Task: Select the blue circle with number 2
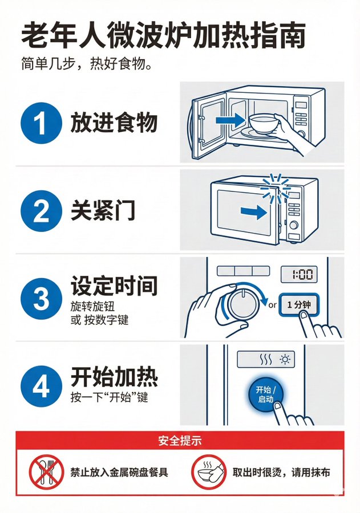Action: pyautogui.click(x=41, y=212)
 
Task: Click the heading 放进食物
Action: pyautogui.click(x=114, y=123)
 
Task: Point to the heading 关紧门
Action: pyautogui.click(x=103, y=211)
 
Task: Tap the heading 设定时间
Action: pyautogui.click(x=114, y=286)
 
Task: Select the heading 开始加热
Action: pyautogui.click(x=114, y=377)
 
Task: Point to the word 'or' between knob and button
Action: pyautogui.click(x=272, y=305)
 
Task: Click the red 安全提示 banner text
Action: pyautogui.click(x=180, y=441)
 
